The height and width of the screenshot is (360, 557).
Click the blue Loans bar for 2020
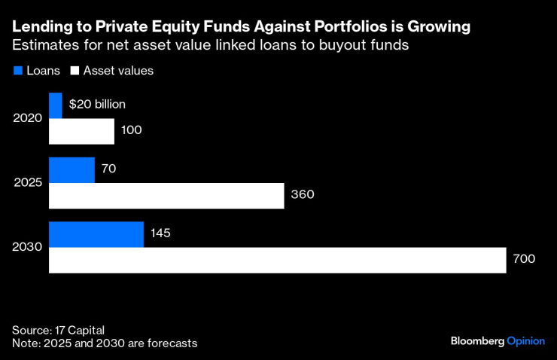[56, 105]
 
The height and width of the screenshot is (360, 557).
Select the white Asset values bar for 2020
[81, 131]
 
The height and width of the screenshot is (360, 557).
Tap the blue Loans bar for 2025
[72, 169]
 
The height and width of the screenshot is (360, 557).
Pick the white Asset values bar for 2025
[166, 195]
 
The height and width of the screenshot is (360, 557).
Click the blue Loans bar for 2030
[96, 233]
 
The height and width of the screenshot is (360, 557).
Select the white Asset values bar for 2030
[278, 260]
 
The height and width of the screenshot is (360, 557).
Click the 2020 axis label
[28, 118]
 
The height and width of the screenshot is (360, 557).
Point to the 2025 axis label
[28, 182]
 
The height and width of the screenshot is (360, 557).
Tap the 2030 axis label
[28, 246]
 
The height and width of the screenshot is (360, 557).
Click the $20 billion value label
[97, 105]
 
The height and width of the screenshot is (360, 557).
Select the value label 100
[132, 131]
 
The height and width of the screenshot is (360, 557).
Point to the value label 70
[108, 169]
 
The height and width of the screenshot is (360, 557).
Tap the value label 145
[160, 233]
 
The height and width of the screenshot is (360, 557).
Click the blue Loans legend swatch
[17, 71]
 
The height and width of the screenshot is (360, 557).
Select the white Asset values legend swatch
[75, 71]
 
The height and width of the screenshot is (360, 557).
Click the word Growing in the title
[440, 27]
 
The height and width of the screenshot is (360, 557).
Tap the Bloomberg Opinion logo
[497, 341]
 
